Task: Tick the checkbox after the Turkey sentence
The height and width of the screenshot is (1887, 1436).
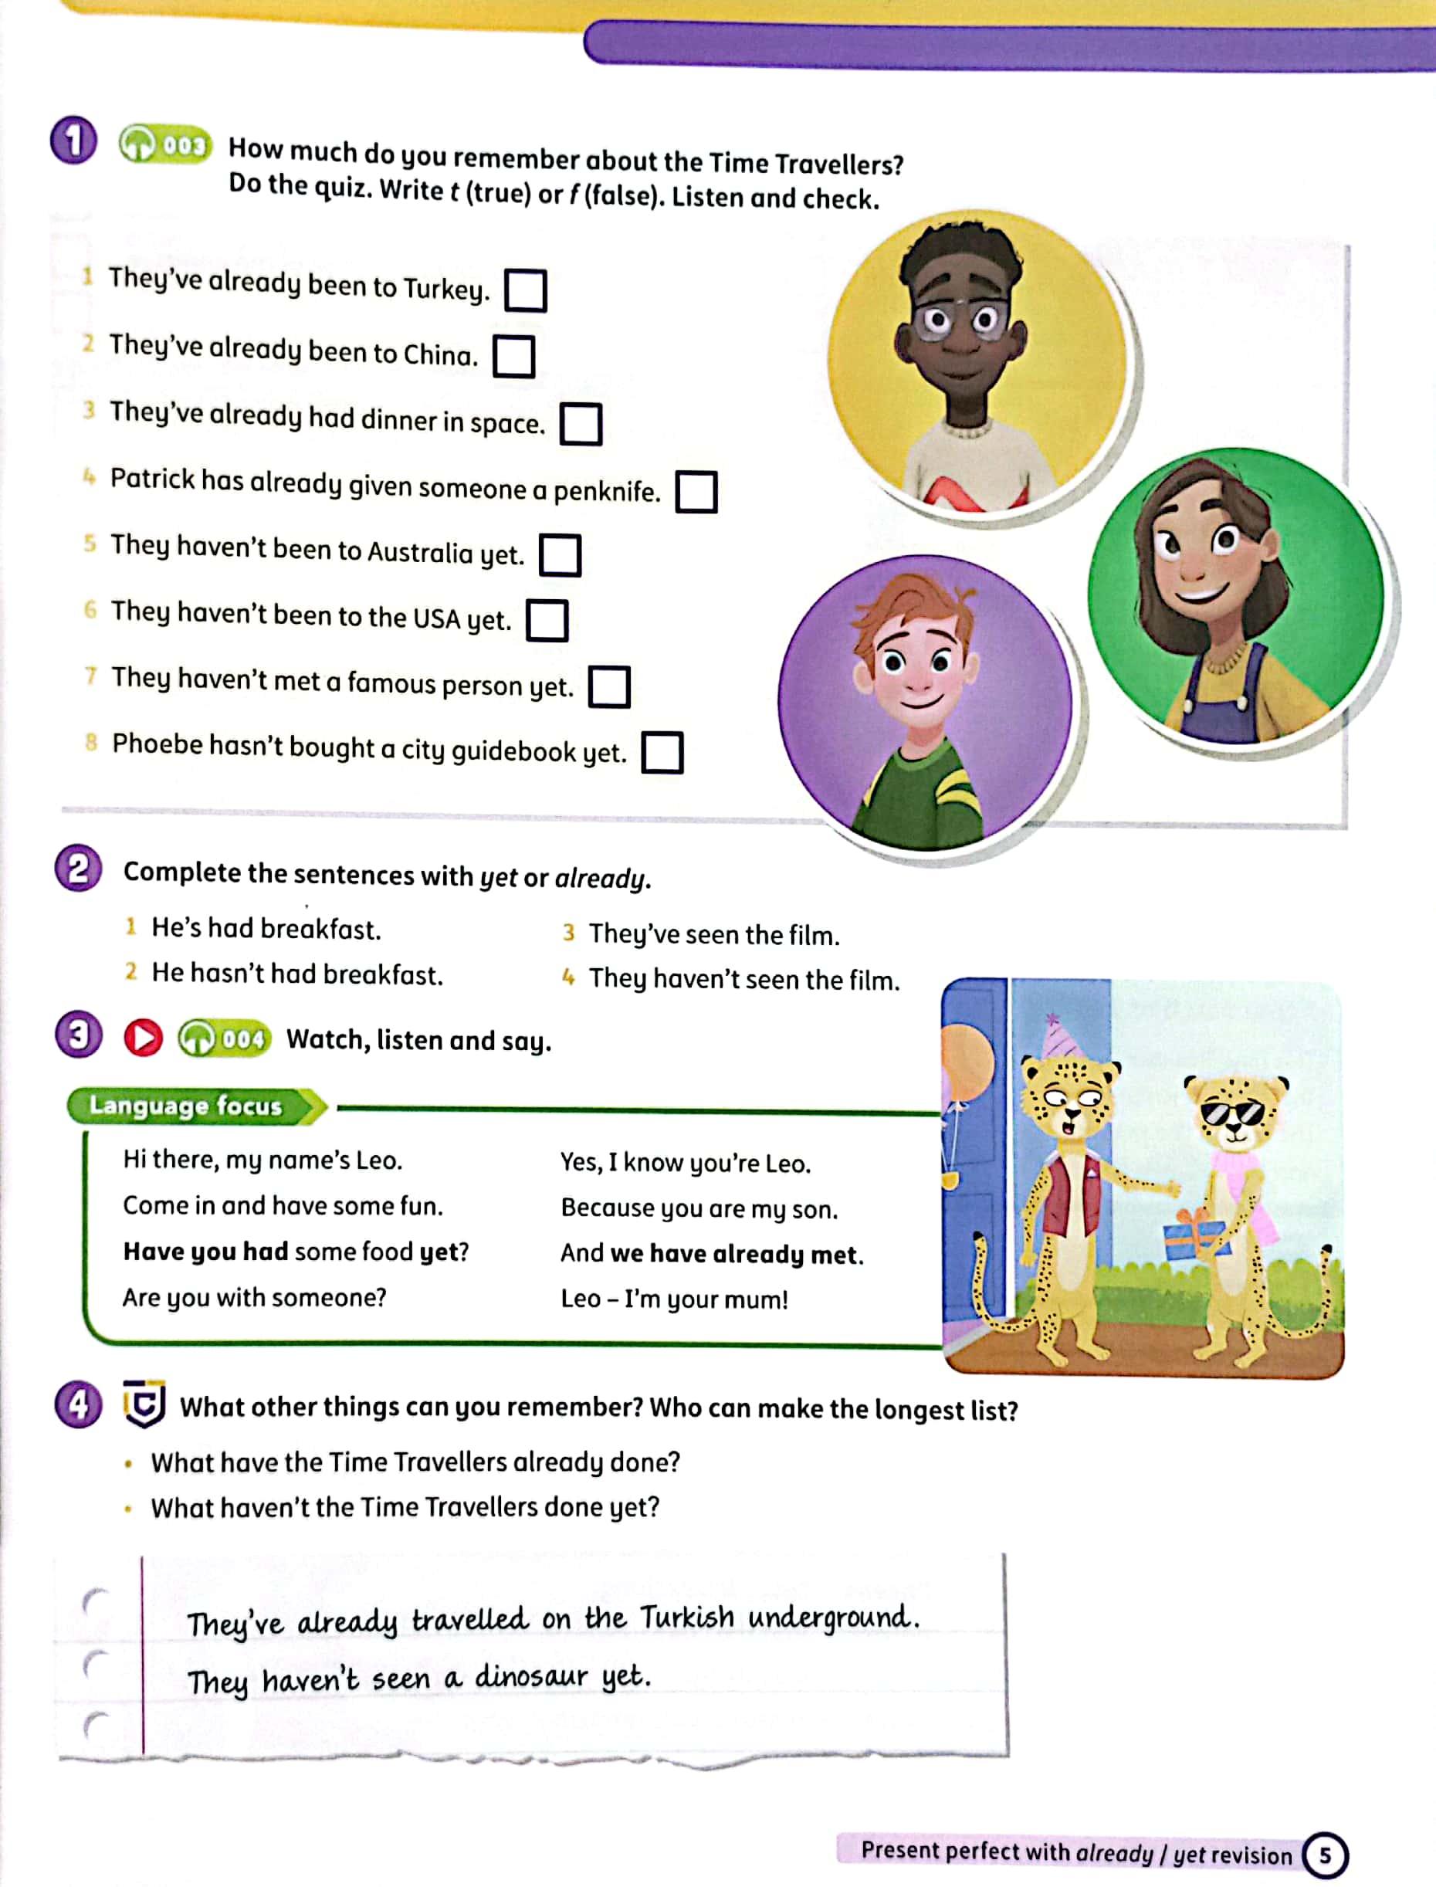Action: click(x=525, y=290)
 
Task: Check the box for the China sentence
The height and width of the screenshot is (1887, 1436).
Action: click(x=513, y=357)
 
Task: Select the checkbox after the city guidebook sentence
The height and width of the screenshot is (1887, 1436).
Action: click(x=662, y=752)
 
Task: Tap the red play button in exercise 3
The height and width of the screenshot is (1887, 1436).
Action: click(x=143, y=1038)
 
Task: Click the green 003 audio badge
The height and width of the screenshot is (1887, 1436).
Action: click(x=165, y=144)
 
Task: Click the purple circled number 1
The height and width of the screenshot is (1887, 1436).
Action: click(x=73, y=141)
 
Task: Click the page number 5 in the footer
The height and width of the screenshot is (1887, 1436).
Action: click(x=1324, y=1855)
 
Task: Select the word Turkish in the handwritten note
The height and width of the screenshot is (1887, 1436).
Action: click(x=686, y=1617)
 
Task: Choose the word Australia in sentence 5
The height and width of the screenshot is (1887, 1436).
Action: click(x=418, y=553)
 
